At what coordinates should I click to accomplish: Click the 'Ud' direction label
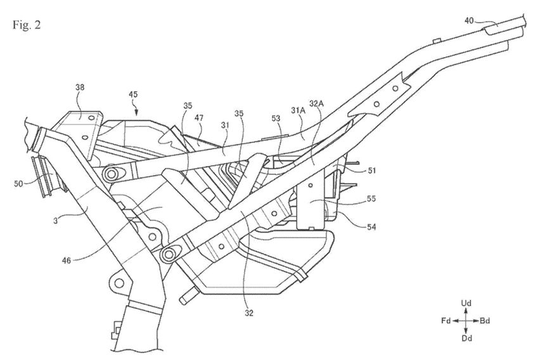466,304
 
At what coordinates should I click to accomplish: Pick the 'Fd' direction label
446,321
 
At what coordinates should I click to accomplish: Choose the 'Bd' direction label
485,321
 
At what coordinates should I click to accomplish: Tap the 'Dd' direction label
466,339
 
